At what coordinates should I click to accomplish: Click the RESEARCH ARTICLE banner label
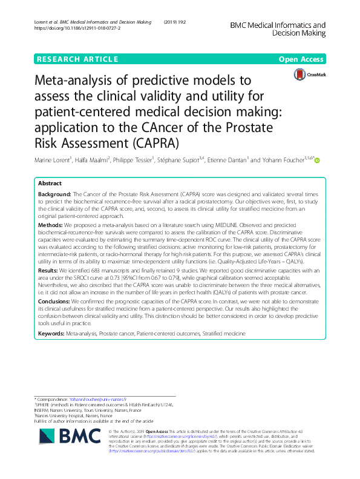[77, 59]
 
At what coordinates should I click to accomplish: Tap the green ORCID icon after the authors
[316, 161]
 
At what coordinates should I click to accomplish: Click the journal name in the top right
[278, 30]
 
